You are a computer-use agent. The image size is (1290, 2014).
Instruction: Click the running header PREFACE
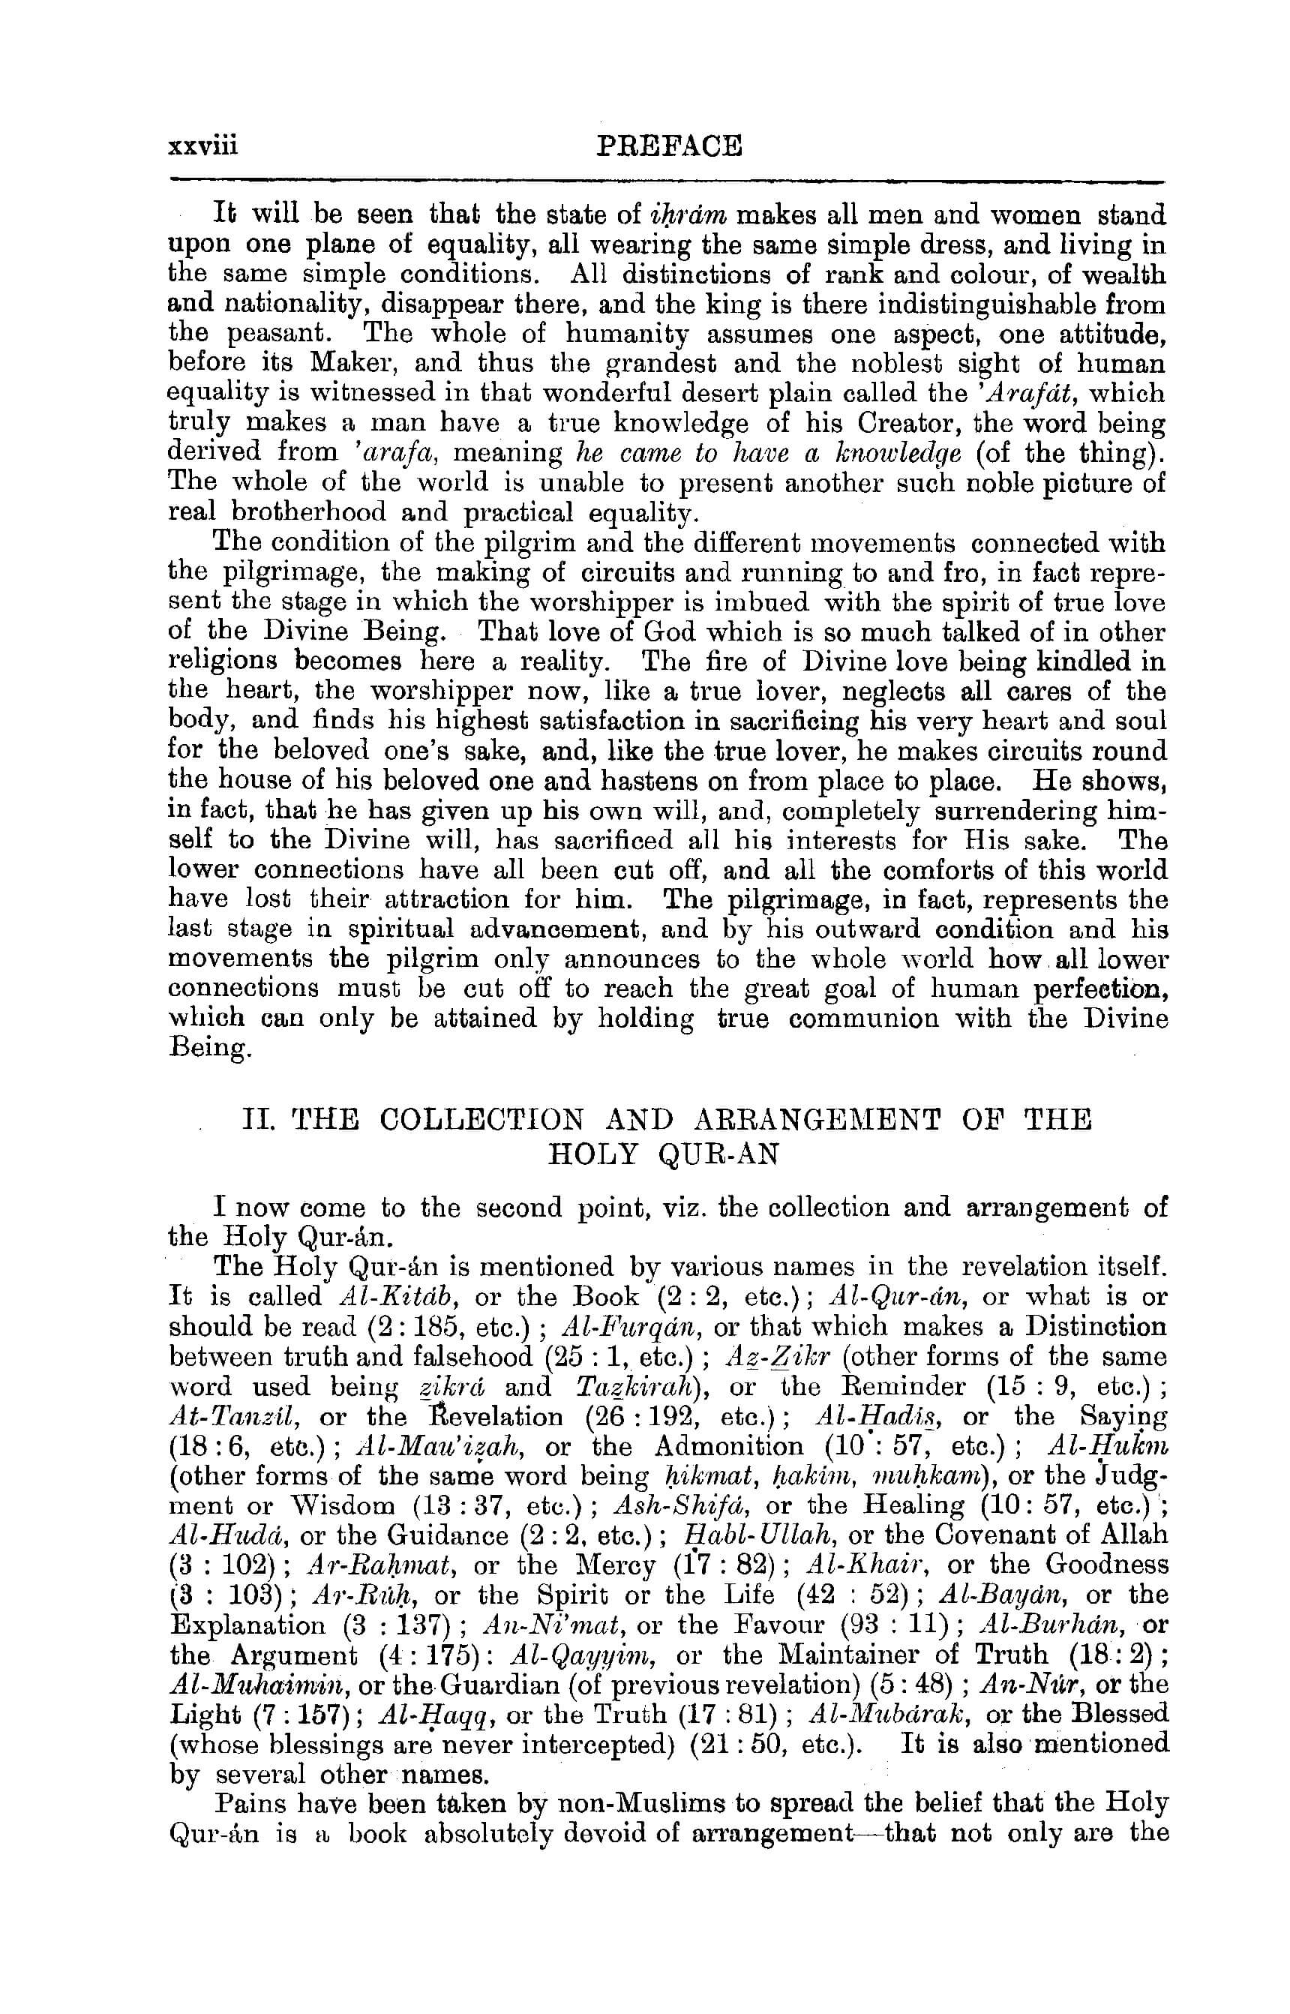pyautogui.click(x=668, y=146)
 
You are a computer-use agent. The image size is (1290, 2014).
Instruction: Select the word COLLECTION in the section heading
pyautogui.click(x=481, y=1119)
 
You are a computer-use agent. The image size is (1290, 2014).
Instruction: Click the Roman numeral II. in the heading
pyautogui.click(x=258, y=1119)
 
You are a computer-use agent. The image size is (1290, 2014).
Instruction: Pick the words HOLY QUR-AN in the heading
pyautogui.click(x=664, y=1154)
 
